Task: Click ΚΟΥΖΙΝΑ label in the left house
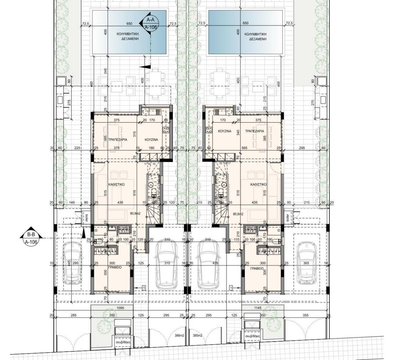151,140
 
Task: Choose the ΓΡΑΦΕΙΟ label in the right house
257,268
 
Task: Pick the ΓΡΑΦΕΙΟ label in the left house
114,267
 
